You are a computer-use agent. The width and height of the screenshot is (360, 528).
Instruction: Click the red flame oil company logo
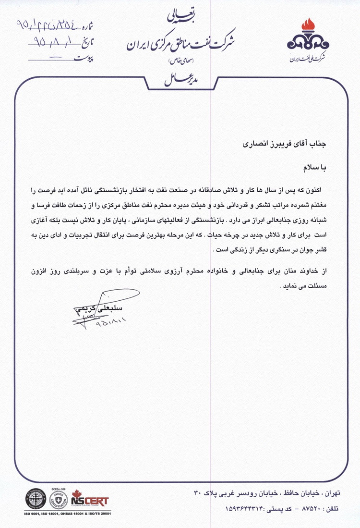308,38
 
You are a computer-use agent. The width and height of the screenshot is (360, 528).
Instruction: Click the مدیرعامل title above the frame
180,78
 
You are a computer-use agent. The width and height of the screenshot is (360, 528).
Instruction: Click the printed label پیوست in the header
84,59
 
